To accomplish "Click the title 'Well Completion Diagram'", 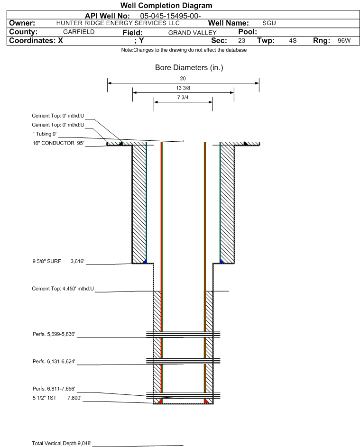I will (x=180, y=6).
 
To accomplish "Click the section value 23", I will (x=241, y=41).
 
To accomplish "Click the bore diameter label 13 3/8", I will (x=184, y=89).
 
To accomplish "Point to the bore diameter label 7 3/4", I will (x=184, y=97).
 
